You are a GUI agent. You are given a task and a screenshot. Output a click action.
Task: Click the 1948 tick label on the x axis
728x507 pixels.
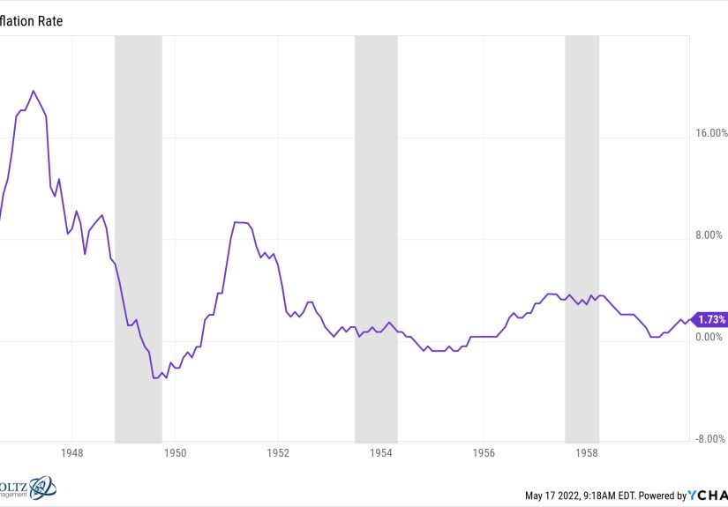(72, 452)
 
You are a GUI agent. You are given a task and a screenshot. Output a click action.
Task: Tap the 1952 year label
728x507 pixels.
(278, 452)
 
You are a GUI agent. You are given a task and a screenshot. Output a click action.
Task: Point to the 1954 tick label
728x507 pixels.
(381, 452)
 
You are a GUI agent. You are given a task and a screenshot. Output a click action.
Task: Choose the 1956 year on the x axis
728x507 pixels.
(484, 452)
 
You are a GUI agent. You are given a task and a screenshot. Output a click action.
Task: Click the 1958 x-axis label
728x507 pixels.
(587, 452)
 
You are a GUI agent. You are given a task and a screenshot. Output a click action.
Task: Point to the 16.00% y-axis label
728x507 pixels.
(710, 134)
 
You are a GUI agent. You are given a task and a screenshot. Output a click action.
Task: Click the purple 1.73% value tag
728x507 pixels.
(710, 320)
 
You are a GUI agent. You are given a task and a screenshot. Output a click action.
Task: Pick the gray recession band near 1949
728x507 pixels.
(139, 238)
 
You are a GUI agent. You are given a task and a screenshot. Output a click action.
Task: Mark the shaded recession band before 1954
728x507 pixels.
(376, 238)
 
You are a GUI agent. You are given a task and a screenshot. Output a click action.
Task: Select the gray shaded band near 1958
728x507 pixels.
(582, 238)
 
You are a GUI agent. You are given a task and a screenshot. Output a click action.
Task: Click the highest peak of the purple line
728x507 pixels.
(34, 91)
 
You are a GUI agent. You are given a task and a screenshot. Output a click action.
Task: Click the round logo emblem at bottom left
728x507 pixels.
(42, 488)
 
